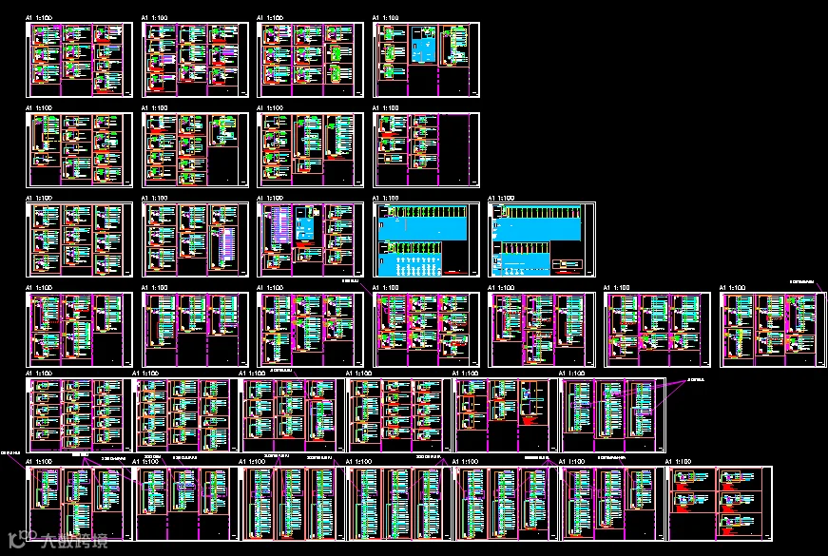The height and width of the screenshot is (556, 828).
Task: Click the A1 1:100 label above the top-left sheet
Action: coord(38,18)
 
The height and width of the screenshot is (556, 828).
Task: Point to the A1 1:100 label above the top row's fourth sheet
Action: coord(386,18)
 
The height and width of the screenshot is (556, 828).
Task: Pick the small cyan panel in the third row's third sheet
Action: coord(305,229)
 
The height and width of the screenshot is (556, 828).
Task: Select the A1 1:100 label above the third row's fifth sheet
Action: coord(502,199)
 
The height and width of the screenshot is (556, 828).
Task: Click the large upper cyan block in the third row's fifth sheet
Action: coord(539,229)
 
